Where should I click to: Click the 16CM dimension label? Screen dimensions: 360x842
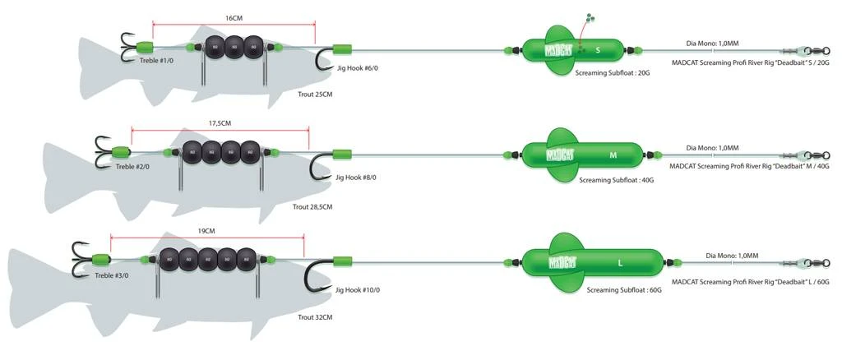tap(234, 17)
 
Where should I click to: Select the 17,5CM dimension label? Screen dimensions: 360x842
tap(220, 122)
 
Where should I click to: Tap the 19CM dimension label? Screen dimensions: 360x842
tap(206, 231)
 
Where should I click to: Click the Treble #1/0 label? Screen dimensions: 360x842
tap(156, 60)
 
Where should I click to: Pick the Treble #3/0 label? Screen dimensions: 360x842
tap(111, 275)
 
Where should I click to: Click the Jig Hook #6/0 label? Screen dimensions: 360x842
tap(358, 68)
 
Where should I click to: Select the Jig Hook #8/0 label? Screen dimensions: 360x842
tap(356, 178)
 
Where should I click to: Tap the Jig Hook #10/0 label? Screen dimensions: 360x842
tap(358, 289)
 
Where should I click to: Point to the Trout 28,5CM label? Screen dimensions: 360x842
tap(312, 207)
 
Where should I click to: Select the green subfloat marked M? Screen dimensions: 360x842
tap(582, 155)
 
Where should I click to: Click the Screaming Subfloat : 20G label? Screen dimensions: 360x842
tap(613, 73)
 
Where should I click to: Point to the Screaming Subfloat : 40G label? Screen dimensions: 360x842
tap(616, 179)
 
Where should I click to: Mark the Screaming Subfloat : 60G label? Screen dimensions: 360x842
tap(624, 290)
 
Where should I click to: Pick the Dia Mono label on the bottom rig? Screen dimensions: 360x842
tap(732, 256)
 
